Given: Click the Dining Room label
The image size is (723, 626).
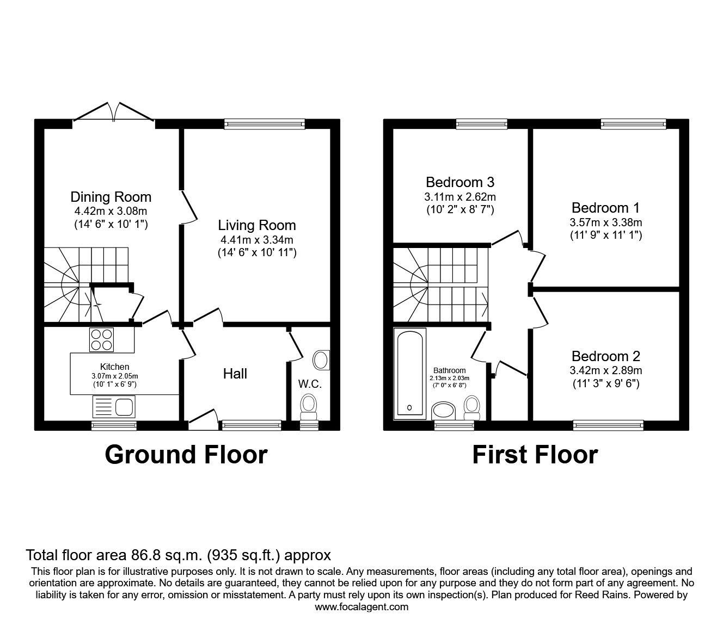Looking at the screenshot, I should coord(111,197).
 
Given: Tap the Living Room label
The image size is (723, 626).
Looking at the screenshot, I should coord(257,225).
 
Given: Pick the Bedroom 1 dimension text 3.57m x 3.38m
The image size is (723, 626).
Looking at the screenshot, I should coord(605,222).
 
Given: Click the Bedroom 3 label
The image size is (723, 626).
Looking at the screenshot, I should coord(460,182).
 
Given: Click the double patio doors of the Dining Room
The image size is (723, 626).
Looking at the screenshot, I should coord(114,112).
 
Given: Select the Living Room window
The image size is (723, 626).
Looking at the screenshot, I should coord(265,124).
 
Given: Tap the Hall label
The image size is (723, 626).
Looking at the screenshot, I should coord(235,374).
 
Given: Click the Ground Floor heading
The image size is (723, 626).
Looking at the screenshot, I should coord(186,455).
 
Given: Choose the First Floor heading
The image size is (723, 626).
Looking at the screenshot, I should coord(535,455).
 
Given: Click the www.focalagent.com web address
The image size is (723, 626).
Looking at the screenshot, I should coord(361,607).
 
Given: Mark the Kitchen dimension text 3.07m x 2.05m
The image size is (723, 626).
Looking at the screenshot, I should coord(114,376).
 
